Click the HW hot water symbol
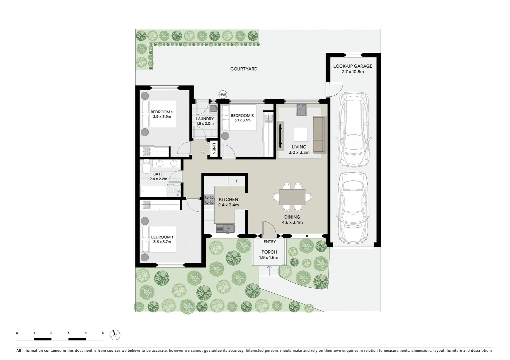point(223,95)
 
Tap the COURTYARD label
point(244,69)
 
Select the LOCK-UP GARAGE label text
point(353,66)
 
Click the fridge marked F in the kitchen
point(237,181)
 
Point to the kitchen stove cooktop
point(209,199)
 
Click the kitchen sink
point(225,228)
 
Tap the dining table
point(292,197)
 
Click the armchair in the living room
point(301,109)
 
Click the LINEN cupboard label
point(214,149)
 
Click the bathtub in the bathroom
point(153,191)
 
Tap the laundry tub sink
point(213,108)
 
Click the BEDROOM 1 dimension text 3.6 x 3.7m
point(162,242)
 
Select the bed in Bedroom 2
point(158,114)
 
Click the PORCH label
point(269,252)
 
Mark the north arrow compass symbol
point(115,335)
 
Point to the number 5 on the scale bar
point(103,333)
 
